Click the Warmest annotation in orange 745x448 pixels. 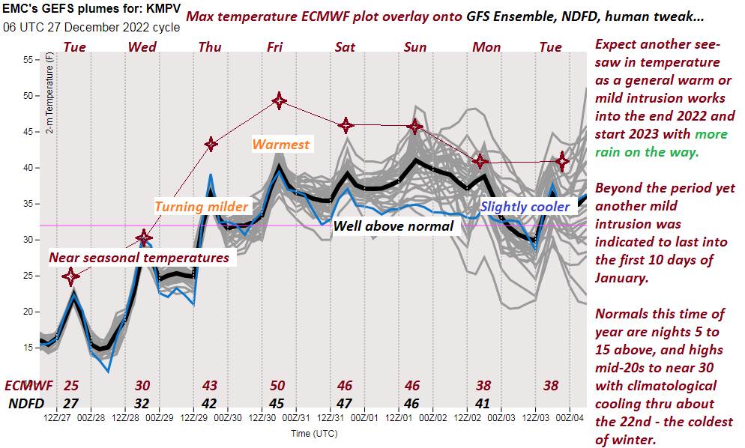(x=281, y=145)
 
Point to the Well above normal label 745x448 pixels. (x=393, y=225)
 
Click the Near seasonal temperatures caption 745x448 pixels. (x=139, y=258)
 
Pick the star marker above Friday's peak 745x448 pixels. (x=279, y=100)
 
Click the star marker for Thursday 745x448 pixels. (x=211, y=144)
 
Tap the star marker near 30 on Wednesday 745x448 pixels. (x=144, y=238)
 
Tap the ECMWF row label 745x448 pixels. (x=29, y=386)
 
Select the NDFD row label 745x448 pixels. (x=26, y=402)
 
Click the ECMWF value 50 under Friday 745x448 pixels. (x=277, y=386)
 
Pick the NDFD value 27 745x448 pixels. (x=71, y=402)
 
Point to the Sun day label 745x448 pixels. (x=414, y=47)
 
